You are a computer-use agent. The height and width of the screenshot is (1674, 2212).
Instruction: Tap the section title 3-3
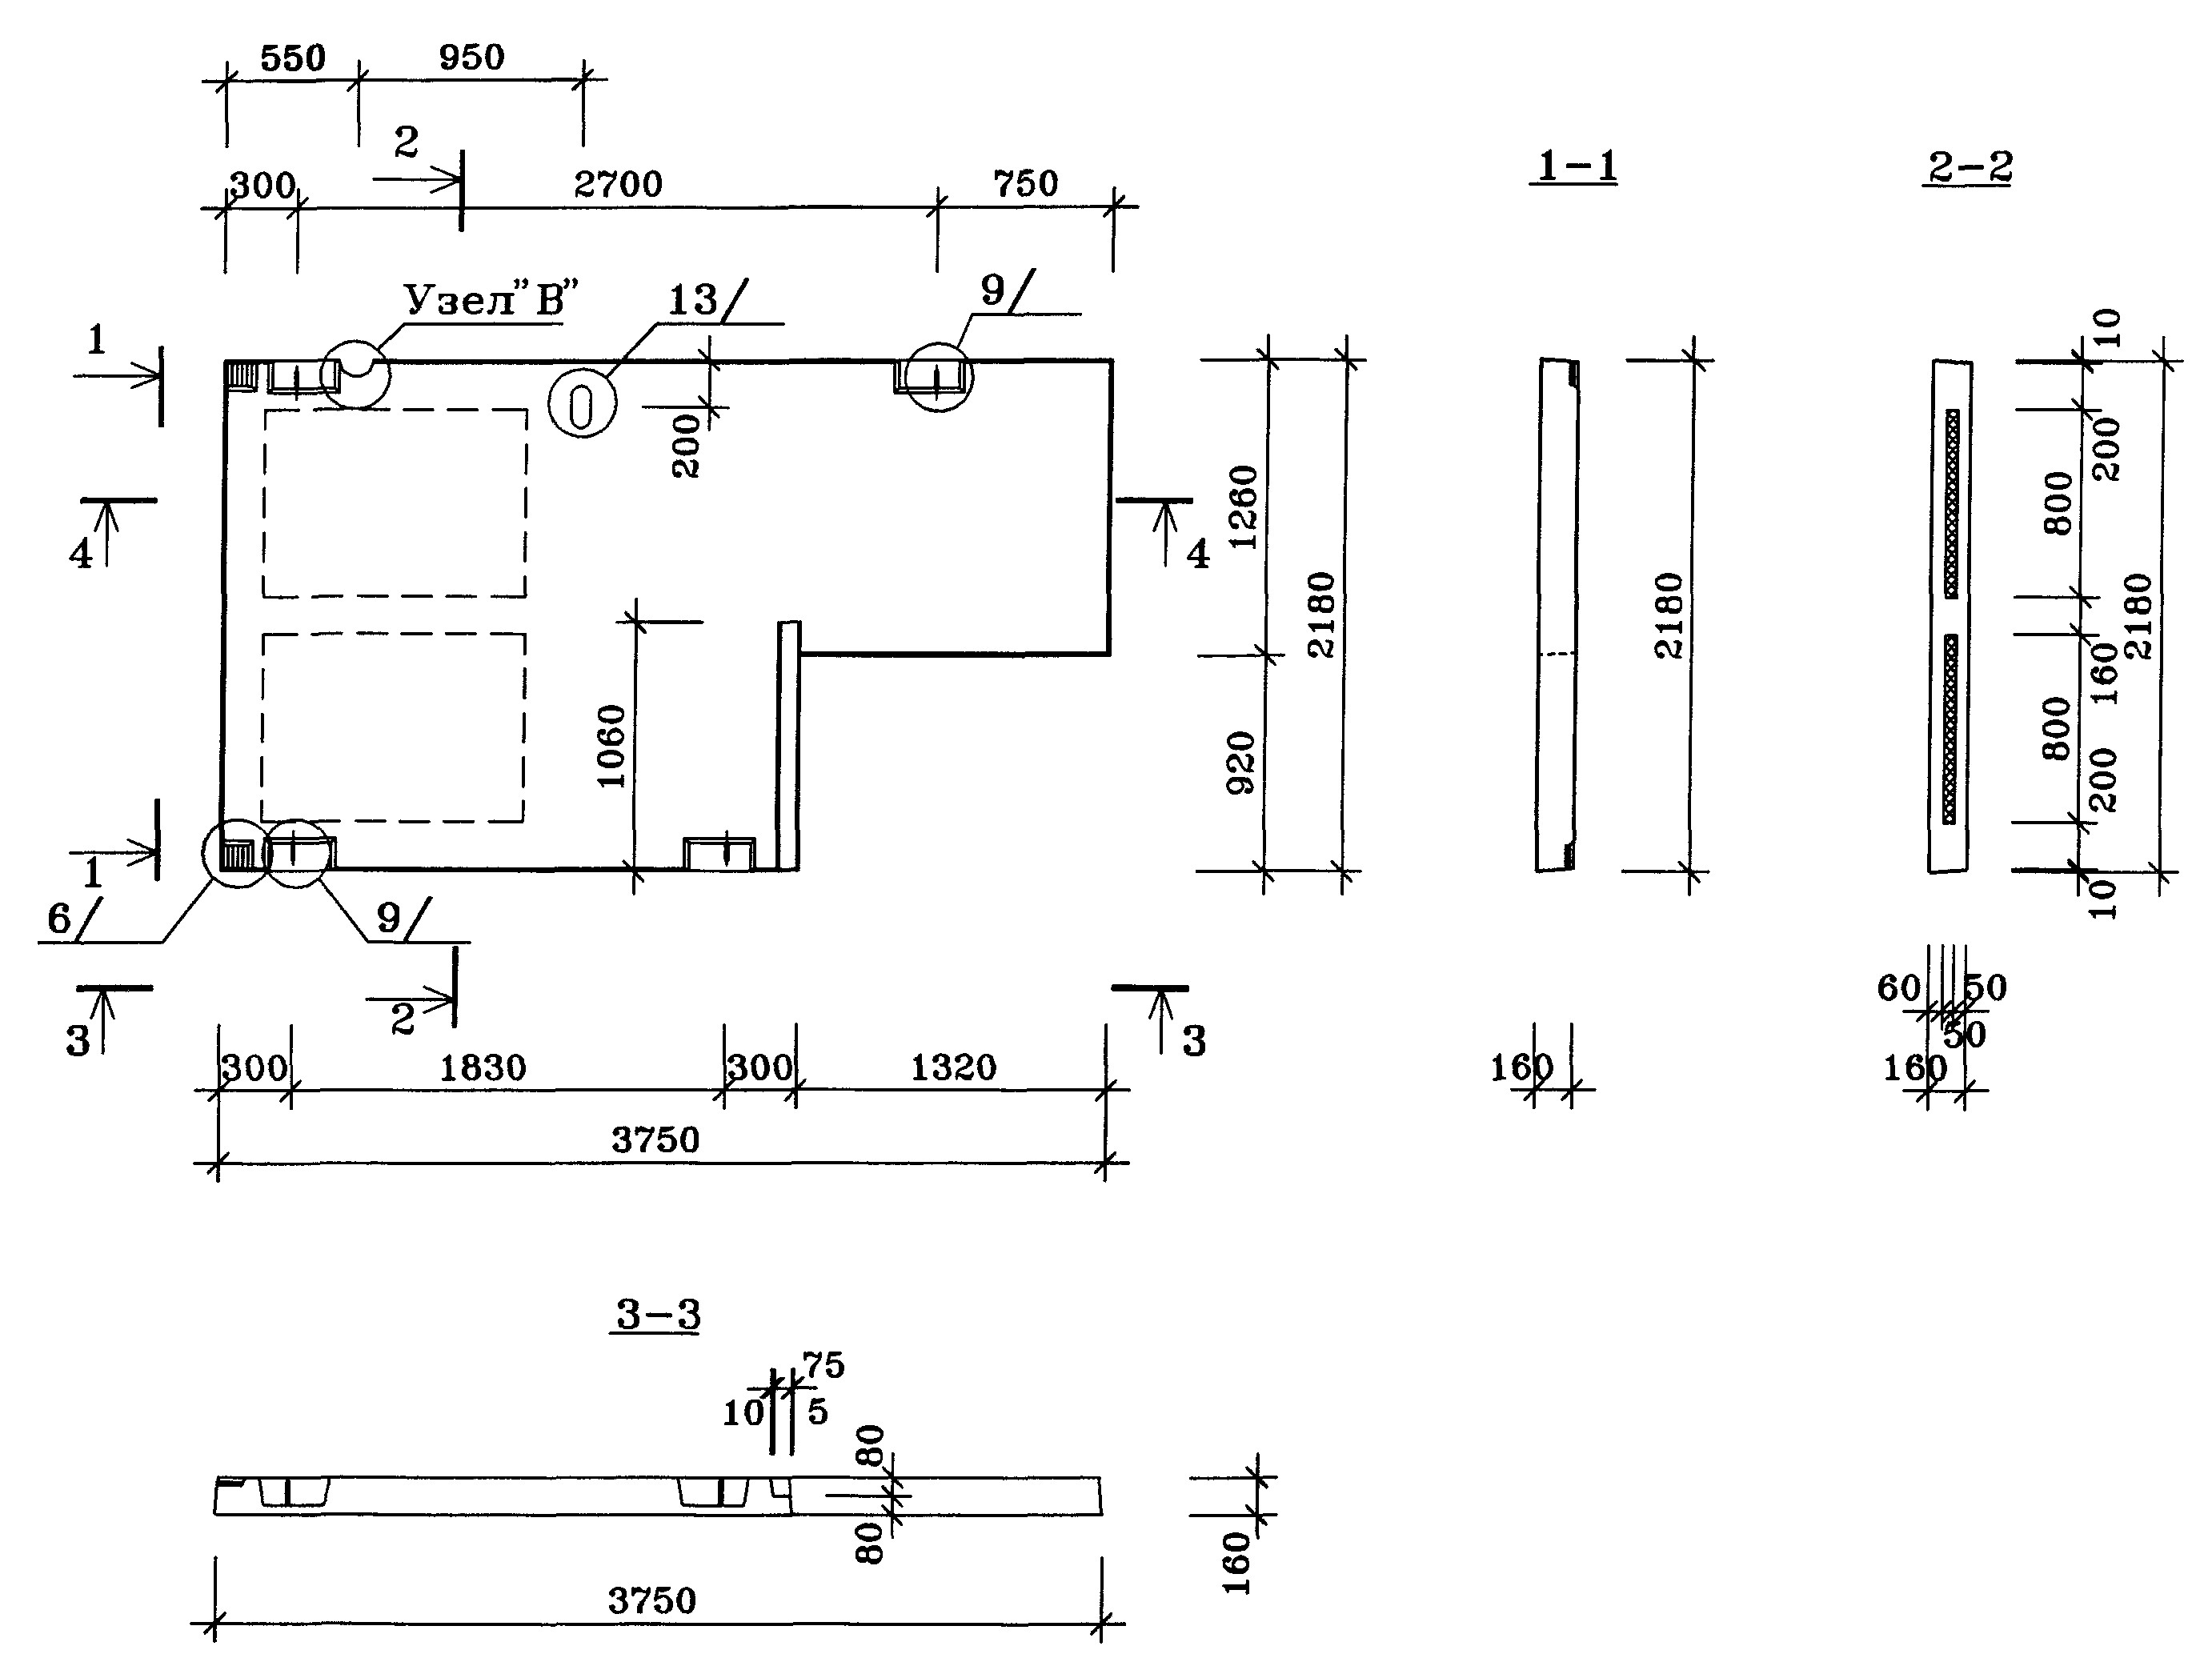pyautogui.click(x=657, y=1314)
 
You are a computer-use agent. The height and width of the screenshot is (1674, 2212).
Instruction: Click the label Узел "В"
pyautogui.click(x=491, y=298)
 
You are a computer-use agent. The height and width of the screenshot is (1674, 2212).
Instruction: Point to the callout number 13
pyautogui.click(x=692, y=299)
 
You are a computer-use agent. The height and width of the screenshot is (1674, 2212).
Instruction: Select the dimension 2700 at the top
pyautogui.click(x=618, y=184)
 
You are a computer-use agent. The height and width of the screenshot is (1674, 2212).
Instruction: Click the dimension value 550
pyautogui.click(x=293, y=58)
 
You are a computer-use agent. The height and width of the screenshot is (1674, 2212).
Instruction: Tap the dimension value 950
pyautogui.click(x=471, y=57)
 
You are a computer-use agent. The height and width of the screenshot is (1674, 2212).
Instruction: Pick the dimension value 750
pyautogui.click(x=1025, y=184)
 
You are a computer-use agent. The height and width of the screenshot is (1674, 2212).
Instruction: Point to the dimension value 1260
pyautogui.click(x=1243, y=507)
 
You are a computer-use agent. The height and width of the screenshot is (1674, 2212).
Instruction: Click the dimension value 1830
pyautogui.click(x=483, y=1068)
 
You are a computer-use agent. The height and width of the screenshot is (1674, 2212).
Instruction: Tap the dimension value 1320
pyautogui.click(x=953, y=1068)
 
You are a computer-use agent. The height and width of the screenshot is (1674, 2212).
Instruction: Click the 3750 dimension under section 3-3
pyautogui.click(x=652, y=1601)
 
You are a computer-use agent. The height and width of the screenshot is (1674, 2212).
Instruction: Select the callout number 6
pyautogui.click(x=59, y=919)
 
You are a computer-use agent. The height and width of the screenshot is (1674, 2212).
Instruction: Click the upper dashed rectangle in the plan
pyautogui.click(x=395, y=503)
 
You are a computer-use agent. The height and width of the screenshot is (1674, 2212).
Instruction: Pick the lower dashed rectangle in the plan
pyautogui.click(x=393, y=727)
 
